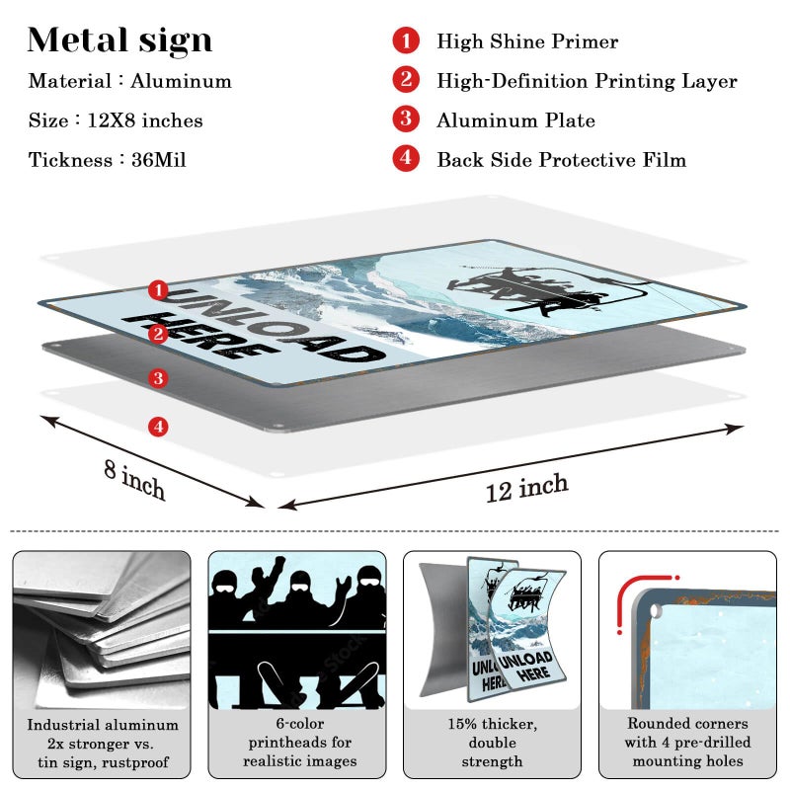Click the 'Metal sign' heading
[119, 40]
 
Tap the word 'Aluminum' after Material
[181, 81]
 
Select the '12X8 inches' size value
[145, 120]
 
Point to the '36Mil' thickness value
[159, 160]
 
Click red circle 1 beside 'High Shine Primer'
[406, 40]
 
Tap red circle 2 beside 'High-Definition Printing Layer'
[406, 80]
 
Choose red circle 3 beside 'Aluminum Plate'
[406, 118]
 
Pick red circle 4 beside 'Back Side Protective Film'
[406, 158]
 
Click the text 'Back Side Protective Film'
[561, 160]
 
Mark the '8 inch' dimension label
[134, 479]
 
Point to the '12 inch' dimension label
[527, 487]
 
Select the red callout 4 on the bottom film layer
[158, 427]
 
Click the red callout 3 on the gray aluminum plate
[158, 378]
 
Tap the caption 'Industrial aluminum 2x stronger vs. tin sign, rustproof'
[103, 744]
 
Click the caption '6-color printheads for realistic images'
[300, 743]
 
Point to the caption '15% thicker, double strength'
[492, 743]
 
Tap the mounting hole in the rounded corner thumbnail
[656, 611]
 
